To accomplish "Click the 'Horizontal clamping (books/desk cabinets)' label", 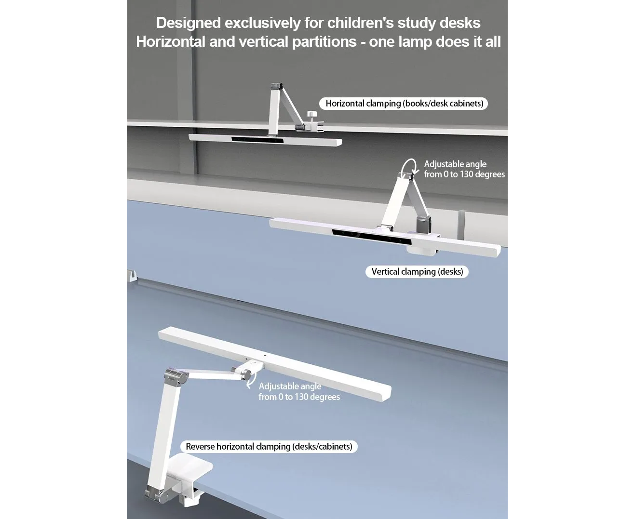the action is tap(404, 104).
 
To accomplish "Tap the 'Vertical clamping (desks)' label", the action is tap(417, 272).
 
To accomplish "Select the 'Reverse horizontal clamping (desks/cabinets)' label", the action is tap(269, 447).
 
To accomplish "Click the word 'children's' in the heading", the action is tap(360, 23).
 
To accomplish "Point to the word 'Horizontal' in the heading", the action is tap(170, 41).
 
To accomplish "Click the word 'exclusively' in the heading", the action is tap(263, 23).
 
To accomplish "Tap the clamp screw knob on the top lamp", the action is tap(312, 115).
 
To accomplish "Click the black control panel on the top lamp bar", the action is tap(257, 140).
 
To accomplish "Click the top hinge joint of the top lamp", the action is tap(276, 86).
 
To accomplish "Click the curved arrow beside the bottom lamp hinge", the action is tap(251, 380).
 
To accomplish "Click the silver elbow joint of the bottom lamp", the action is tap(176, 377).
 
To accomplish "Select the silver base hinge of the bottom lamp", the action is tap(157, 494).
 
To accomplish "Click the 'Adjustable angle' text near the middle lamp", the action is tap(455, 164).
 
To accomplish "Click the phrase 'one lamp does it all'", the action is tap(435, 41).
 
